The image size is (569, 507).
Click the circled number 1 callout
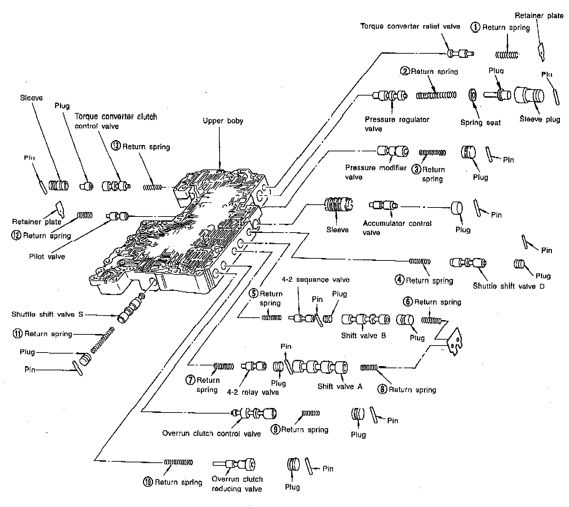click(x=476, y=27)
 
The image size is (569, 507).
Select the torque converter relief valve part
click(x=460, y=53)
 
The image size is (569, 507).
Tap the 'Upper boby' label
click(x=223, y=121)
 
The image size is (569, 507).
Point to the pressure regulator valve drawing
click(x=390, y=95)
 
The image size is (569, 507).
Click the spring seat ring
click(x=473, y=94)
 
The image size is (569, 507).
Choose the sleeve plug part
click(x=529, y=94)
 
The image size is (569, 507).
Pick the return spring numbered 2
click(x=436, y=95)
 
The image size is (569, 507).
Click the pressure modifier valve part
click(x=393, y=151)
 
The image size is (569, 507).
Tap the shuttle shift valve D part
click(x=468, y=263)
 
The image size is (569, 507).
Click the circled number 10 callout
click(x=148, y=482)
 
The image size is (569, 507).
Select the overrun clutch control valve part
click(x=254, y=413)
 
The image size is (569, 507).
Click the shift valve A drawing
click(x=320, y=367)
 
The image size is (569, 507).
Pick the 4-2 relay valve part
click(x=254, y=366)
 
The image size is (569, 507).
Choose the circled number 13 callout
click(x=116, y=146)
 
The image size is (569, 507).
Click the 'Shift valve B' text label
click(x=363, y=336)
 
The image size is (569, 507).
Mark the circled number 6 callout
click(x=408, y=302)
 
